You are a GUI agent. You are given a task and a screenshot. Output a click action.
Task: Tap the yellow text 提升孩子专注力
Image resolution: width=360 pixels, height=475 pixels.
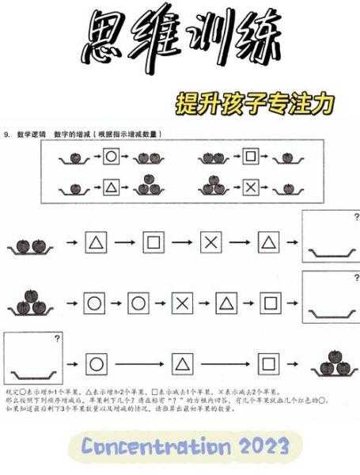click(x=254, y=103)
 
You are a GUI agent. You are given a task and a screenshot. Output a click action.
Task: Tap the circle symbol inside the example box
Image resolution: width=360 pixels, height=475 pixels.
click(x=111, y=157)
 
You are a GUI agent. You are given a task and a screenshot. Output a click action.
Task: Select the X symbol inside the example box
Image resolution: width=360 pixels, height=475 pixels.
click(x=250, y=188)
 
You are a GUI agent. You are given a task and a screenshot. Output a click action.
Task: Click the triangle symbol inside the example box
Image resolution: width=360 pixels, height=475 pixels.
click(x=111, y=188)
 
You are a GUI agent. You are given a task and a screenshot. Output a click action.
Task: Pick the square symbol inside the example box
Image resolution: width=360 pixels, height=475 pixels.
click(x=250, y=157)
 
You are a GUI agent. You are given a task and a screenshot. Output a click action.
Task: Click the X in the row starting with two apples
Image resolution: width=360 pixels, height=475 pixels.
click(x=210, y=241)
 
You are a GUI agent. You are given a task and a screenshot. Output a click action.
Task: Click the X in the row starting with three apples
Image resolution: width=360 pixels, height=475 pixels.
click(x=183, y=302)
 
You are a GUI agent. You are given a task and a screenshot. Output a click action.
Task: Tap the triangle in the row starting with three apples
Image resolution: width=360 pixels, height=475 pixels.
click(x=227, y=302)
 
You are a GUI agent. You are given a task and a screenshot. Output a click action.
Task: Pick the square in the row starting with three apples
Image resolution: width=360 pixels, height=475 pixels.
click(x=270, y=302)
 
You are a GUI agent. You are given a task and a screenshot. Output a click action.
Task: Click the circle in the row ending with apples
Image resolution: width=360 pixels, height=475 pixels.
click(x=96, y=364)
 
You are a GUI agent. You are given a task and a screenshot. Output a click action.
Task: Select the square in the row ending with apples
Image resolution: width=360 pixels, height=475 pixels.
click(x=270, y=364)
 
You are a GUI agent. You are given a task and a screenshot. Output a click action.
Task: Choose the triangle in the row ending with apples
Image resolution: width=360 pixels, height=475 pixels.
click(x=183, y=364)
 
